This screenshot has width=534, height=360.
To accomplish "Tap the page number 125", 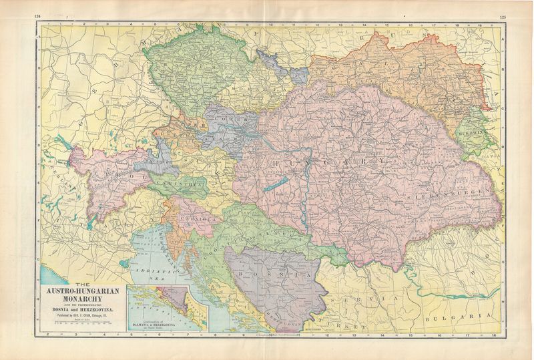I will pyautogui.click(x=502, y=15).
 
